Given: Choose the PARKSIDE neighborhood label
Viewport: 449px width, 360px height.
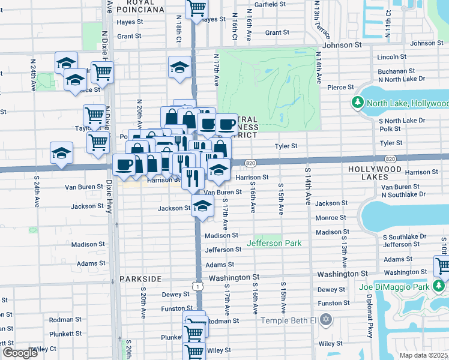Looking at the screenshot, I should (140, 279).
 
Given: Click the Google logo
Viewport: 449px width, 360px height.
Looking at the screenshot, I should (20, 353).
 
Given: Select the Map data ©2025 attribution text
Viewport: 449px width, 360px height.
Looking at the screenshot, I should (423, 355).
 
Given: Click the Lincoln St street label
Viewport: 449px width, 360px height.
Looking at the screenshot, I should (393, 57).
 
